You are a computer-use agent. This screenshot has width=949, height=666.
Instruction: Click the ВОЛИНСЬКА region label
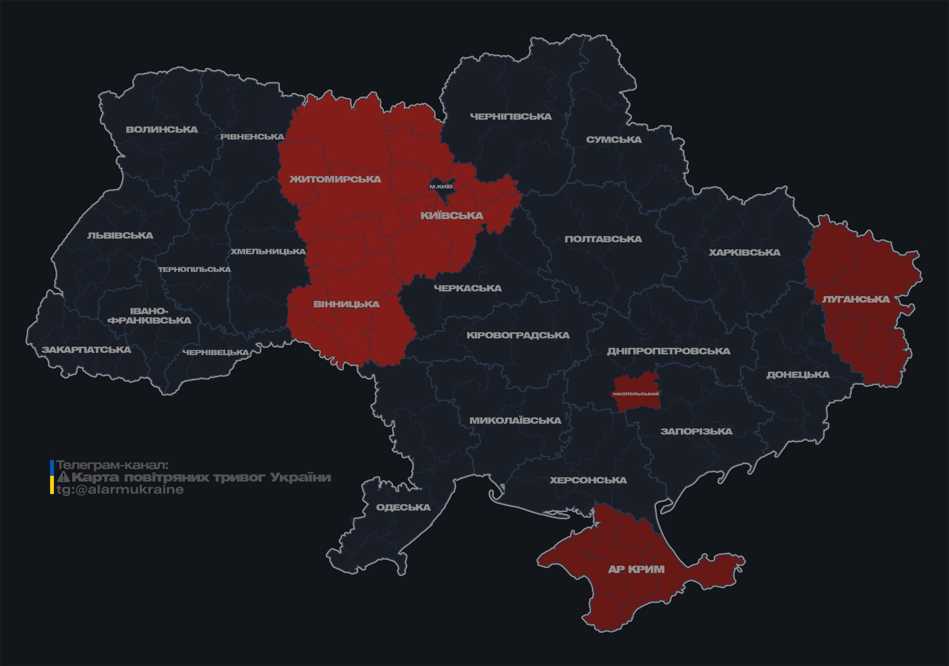tap(161, 130)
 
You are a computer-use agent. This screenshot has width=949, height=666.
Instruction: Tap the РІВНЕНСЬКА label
tap(252, 137)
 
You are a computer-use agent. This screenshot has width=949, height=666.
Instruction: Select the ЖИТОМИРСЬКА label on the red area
tap(335, 179)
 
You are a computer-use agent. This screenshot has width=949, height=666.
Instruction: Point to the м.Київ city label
tap(441, 186)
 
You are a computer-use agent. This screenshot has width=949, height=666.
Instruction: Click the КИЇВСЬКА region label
tap(452, 215)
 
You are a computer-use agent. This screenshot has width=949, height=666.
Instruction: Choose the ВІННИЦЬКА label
tap(346, 304)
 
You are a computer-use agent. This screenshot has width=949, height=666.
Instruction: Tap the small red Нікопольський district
tap(636, 393)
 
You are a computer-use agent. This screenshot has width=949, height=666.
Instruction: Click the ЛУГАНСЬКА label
tap(856, 299)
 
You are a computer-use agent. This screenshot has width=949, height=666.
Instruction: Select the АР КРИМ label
tap(636, 569)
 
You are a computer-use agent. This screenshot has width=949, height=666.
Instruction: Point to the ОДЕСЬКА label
tap(403, 507)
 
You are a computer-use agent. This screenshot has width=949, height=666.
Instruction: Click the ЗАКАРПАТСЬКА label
tap(86, 350)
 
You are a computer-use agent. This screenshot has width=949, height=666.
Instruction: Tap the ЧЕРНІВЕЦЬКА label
tap(216, 353)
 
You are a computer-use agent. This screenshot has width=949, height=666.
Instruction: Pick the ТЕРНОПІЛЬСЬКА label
tap(195, 269)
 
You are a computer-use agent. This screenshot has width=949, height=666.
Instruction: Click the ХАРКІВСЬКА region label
tap(744, 252)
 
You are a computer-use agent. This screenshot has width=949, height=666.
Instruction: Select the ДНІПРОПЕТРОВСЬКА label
tap(668, 351)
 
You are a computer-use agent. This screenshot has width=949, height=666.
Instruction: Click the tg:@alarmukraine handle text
tap(120, 490)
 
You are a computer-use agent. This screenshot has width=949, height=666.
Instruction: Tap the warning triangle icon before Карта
tap(63, 477)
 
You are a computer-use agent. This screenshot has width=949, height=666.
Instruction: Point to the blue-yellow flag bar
tap(52, 477)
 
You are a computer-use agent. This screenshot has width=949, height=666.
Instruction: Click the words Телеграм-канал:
tap(113, 465)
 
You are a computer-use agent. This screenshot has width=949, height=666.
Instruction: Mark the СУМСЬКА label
tap(613, 140)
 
